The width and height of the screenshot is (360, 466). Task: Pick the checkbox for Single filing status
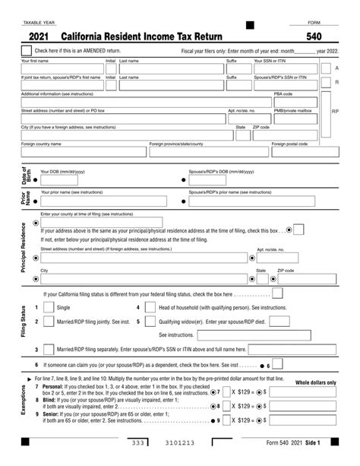[x=48, y=307]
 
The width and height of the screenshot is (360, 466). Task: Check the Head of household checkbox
[x=148, y=307]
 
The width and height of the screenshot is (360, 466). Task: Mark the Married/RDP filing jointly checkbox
[x=48, y=322]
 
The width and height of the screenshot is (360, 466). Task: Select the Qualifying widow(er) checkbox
[x=148, y=322]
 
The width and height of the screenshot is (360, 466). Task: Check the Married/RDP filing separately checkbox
[x=48, y=350]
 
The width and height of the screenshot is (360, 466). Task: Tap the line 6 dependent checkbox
[x=278, y=365]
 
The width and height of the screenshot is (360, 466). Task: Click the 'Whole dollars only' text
[x=315, y=382]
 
